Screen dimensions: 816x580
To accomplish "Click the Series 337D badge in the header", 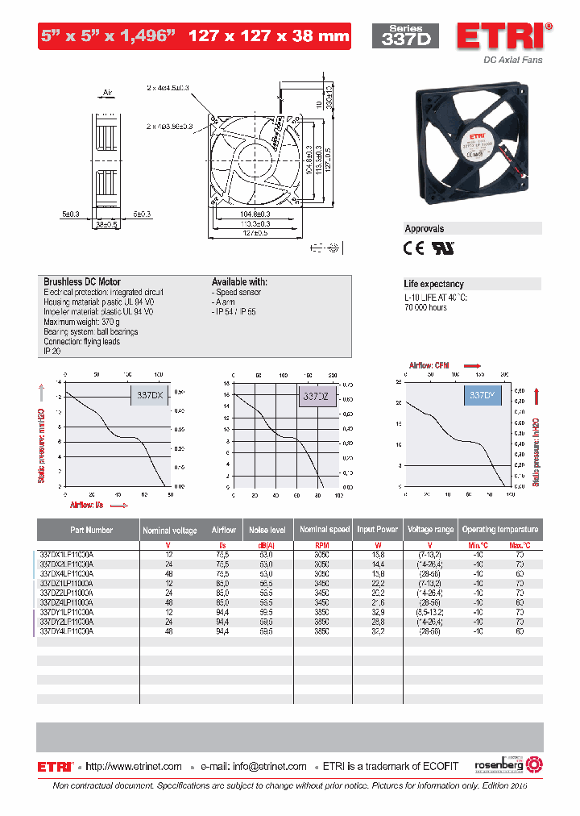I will click(x=405, y=36).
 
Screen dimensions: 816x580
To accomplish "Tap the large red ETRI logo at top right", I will click(x=504, y=36).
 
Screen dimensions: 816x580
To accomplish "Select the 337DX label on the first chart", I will click(x=150, y=396).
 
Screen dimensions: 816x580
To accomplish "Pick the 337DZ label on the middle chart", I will click(x=315, y=397).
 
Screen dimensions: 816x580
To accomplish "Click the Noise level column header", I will click(x=267, y=530).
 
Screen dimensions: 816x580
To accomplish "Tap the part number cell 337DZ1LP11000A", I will click(x=67, y=583).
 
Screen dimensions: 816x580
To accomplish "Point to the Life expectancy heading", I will click(x=433, y=284).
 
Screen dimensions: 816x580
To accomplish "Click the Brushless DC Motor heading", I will click(x=82, y=282).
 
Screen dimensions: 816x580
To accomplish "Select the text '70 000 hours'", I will click(x=425, y=307).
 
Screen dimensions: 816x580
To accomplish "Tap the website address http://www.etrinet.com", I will click(x=134, y=766).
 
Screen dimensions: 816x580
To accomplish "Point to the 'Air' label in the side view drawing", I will click(x=108, y=93).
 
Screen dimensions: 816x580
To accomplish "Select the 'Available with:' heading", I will click(x=239, y=282).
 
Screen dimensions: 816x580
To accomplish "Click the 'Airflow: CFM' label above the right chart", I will click(x=432, y=365).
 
